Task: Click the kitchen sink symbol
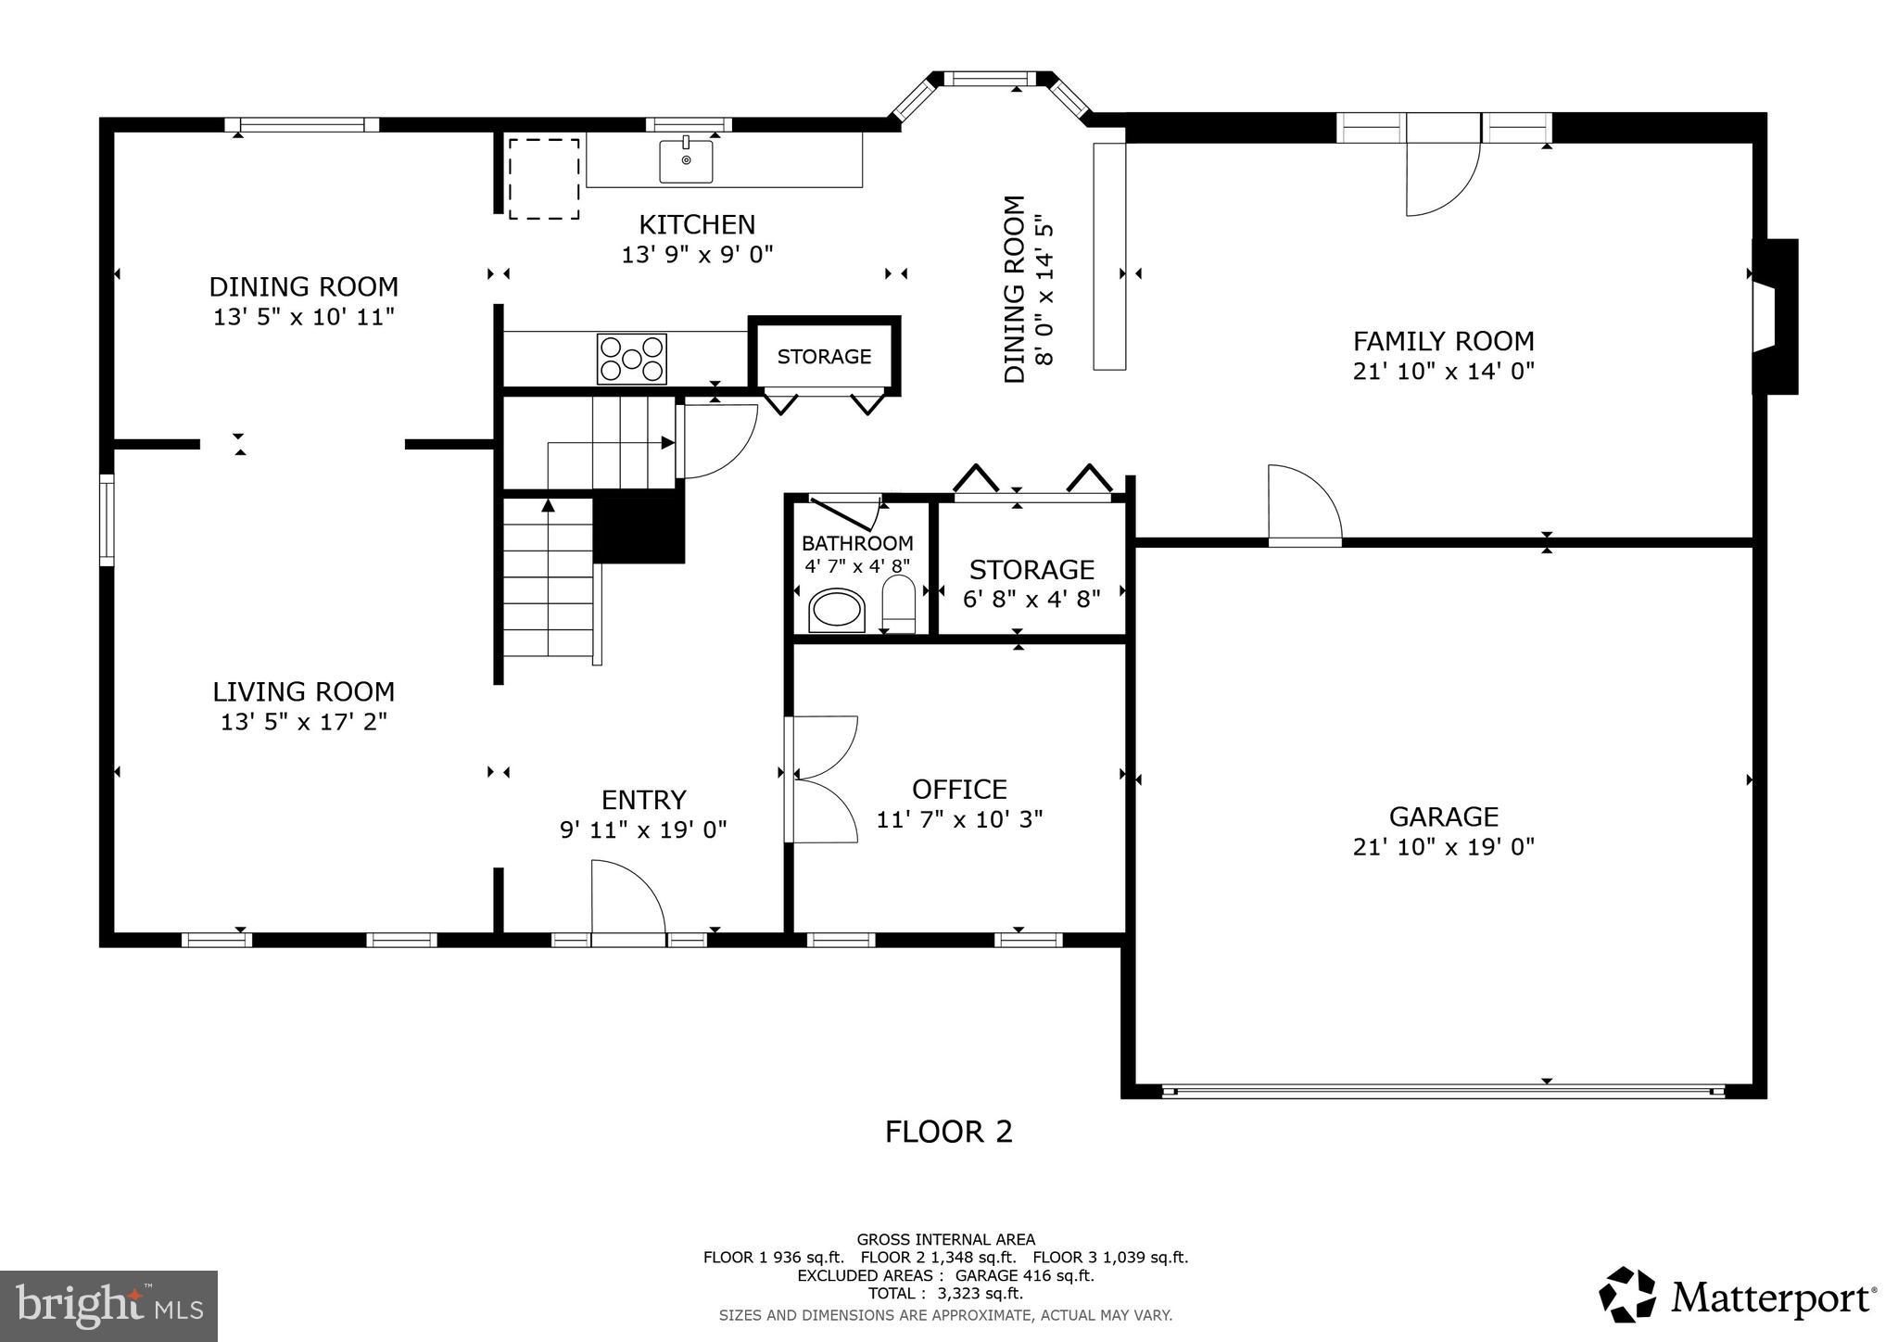tap(686, 159)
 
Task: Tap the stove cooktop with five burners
tap(632, 359)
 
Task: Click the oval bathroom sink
tap(837, 610)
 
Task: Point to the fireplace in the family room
tap(1774, 317)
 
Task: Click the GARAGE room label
tap(1443, 817)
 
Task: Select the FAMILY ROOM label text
tap(1443, 341)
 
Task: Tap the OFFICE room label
tap(959, 790)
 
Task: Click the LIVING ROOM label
tap(303, 692)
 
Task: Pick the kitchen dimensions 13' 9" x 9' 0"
tap(697, 255)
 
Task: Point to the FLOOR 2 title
tap(948, 1132)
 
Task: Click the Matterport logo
tap(1739, 1296)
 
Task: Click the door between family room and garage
tap(1305, 505)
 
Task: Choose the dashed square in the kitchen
tap(544, 179)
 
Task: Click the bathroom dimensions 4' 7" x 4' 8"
tap(857, 565)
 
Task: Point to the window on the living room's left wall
tap(107, 520)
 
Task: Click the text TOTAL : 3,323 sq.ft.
tap(945, 1293)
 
